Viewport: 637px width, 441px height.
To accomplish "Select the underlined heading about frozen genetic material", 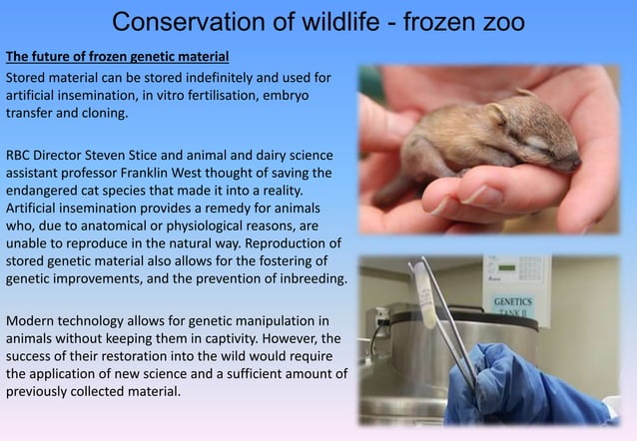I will click(118, 54).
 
